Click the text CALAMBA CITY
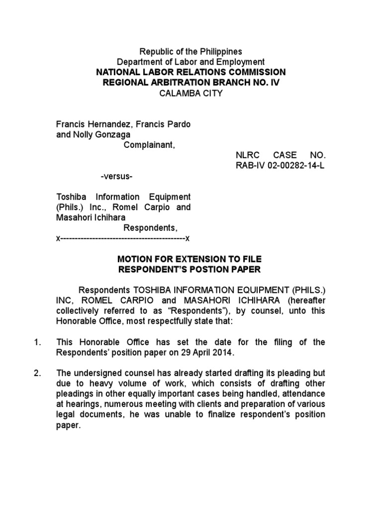[191, 93]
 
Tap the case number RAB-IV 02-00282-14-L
[280, 165]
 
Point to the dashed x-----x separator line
[123, 239]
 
